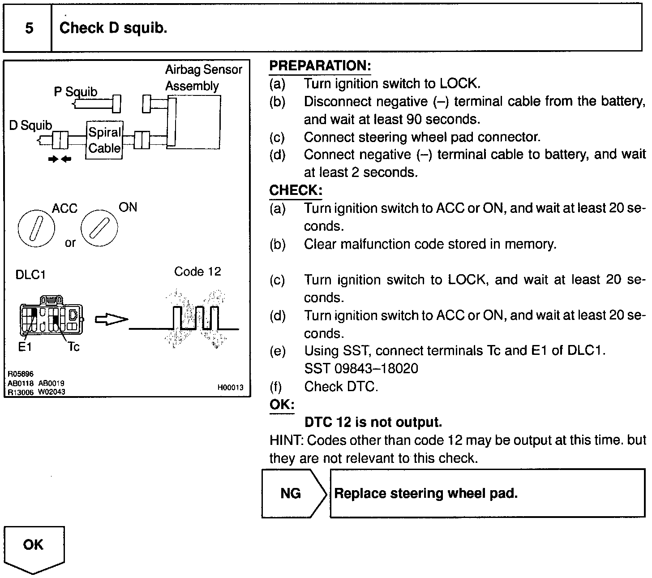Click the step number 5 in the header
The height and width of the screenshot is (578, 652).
click(29, 28)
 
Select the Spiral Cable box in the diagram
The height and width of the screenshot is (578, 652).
click(104, 140)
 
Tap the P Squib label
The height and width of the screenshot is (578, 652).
click(75, 92)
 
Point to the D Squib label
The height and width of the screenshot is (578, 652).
click(30, 125)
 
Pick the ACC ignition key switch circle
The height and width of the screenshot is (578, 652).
click(36, 228)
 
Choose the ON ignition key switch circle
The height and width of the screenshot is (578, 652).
click(99, 228)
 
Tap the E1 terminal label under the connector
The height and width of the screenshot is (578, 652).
click(25, 347)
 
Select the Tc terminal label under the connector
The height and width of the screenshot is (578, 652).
click(73, 347)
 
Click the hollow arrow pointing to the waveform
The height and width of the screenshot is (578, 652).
click(111, 319)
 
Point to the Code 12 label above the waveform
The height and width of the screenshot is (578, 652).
click(197, 272)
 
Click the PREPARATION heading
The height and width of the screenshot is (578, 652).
click(320, 66)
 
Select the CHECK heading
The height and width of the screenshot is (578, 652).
click(296, 190)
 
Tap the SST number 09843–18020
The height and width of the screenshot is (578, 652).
click(361, 368)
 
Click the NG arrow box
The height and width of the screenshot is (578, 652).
click(293, 493)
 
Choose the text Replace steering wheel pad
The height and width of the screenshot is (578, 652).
click(426, 493)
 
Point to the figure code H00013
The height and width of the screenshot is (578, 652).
click(231, 388)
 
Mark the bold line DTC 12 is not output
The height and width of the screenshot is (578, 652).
click(373, 422)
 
